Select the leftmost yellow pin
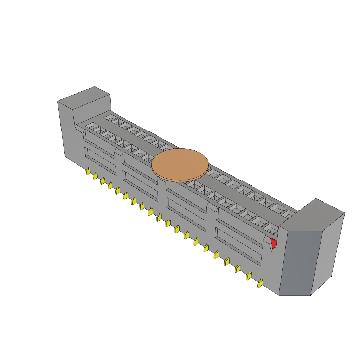88,172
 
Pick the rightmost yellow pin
260,283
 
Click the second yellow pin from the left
95,176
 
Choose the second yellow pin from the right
249,276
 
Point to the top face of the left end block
84,98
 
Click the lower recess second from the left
140,181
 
